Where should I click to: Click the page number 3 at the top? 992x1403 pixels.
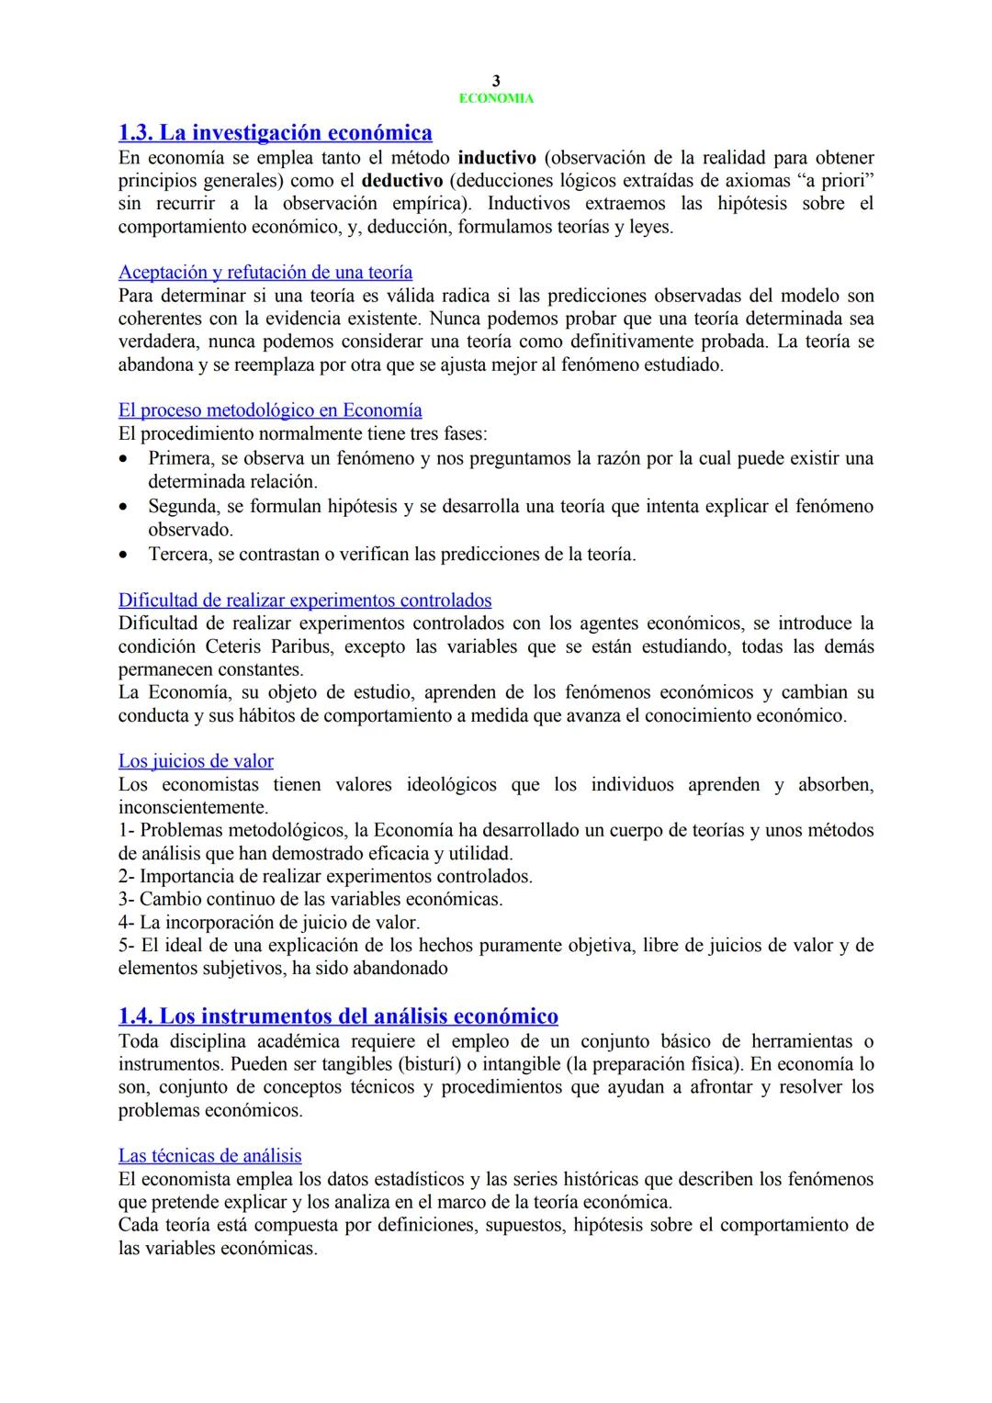click(496, 82)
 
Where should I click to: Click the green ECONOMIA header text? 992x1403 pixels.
click(496, 98)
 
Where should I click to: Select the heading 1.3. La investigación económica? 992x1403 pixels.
click(276, 132)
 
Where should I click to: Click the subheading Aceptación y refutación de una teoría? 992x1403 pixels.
click(265, 273)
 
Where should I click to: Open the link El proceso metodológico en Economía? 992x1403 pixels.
click(270, 410)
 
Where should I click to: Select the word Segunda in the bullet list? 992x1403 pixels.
click(180, 506)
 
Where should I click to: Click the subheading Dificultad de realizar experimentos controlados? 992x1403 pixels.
click(305, 600)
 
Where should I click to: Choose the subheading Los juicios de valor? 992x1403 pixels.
click(196, 761)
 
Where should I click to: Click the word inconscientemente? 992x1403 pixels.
click(192, 807)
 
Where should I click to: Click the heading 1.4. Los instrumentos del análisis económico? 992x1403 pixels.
click(338, 1016)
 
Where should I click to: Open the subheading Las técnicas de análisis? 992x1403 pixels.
click(209, 1156)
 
